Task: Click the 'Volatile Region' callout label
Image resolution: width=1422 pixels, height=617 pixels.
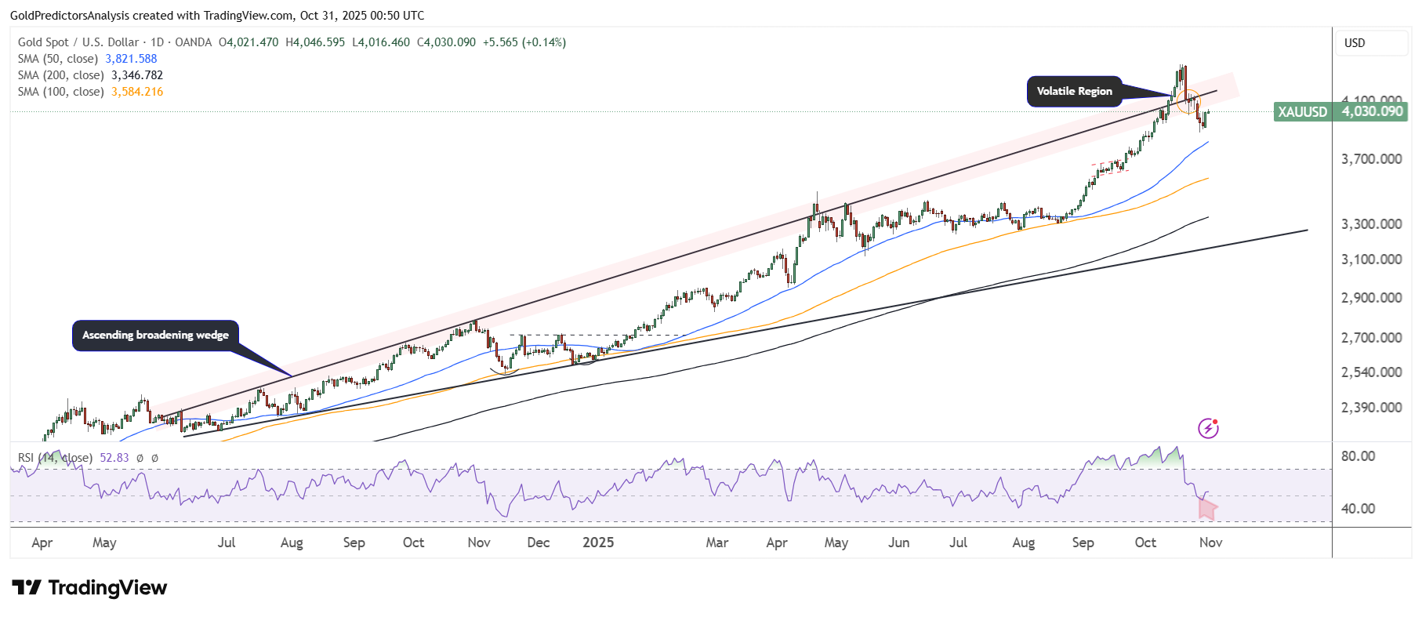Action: point(1074,91)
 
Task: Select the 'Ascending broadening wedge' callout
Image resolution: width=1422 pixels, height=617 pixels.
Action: point(155,335)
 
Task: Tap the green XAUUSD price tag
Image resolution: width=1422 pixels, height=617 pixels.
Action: point(1340,111)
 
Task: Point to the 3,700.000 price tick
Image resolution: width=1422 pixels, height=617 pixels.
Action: point(1371,159)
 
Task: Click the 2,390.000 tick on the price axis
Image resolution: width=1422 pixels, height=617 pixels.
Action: point(1371,407)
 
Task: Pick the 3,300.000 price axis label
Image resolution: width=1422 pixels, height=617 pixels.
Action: point(1371,224)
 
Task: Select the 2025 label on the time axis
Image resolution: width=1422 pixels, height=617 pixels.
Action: point(598,543)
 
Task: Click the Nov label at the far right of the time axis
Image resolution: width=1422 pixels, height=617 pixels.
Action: point(1210,543)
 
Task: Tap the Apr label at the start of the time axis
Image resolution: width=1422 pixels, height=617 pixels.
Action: point(42,543)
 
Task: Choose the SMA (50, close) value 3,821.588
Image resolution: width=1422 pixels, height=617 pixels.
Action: point(131,59)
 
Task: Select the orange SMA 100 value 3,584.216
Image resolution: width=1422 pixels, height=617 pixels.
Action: point(137,92)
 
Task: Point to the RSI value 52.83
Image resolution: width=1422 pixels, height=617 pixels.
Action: point(114,458)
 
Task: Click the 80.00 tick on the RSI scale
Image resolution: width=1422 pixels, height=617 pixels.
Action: point(1358,456)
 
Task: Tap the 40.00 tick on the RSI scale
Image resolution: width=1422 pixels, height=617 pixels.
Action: point(1358,509)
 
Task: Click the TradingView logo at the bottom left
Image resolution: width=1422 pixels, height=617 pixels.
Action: point(89,588)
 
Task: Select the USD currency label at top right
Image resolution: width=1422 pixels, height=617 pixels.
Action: point(1355,43)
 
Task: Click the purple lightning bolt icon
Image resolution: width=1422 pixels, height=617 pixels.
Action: point(1208,428)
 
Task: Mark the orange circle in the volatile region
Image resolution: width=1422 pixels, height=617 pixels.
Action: point(1188,102)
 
